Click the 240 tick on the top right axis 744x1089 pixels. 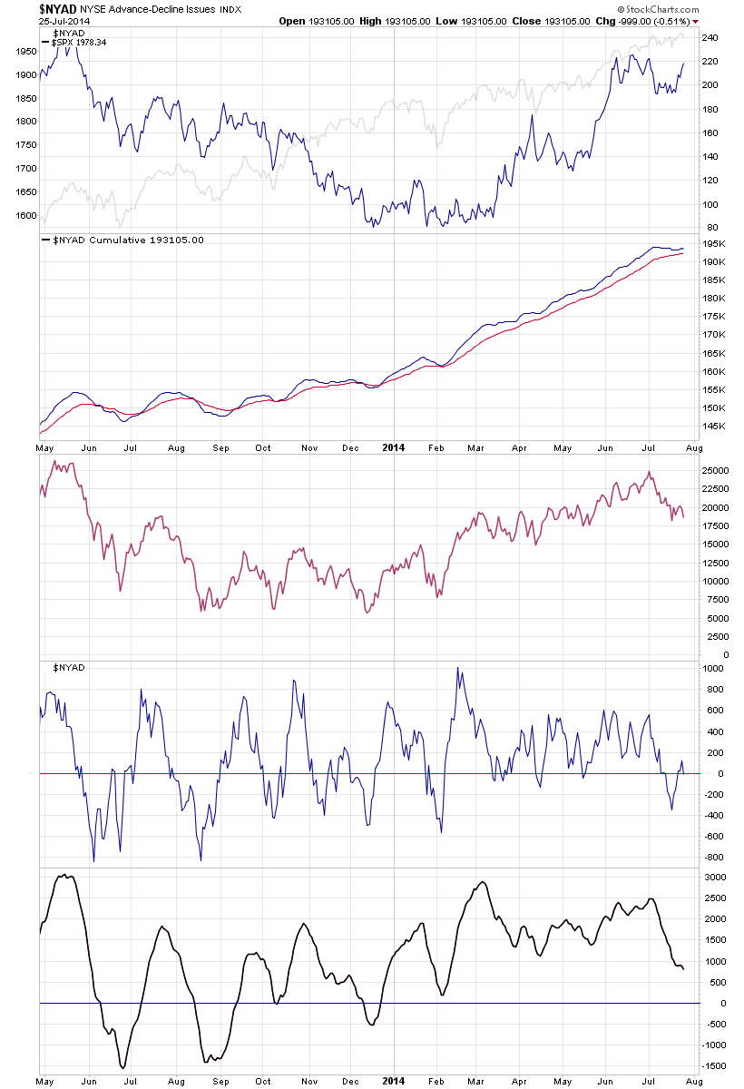click(x=710, y=38)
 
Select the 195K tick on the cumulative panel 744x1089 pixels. click(x=715, y=243)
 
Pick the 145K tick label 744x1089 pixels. click(x=715, y=427)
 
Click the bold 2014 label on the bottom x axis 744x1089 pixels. click(x=393, y=1082)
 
